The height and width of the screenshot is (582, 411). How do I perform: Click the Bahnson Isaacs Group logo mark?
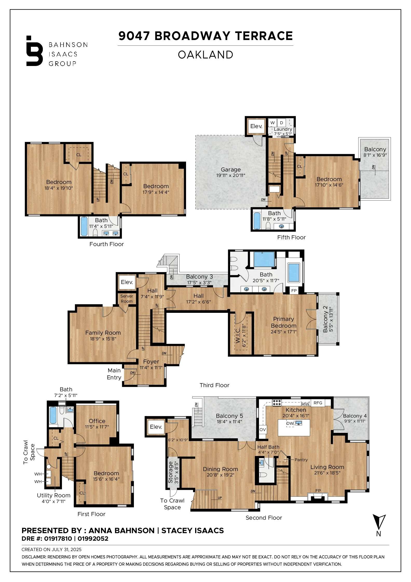pyautogui.click(x=34, y=51)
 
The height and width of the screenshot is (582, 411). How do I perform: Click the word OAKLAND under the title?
pyautogui.click(x=205, y=55)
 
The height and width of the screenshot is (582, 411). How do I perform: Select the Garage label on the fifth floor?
pyautogui.click(x=231, y=170)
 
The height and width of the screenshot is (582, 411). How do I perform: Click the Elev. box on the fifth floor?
pyautogui.click(x=256, y=126)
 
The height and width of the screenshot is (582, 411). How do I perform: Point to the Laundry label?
pyautogui.click(x=283, y=129)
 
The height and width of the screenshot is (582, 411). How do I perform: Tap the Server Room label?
pyautogui.click(x=127, y=299)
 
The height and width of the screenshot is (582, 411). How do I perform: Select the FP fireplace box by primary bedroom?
pyautogui.click(x=294, y=291)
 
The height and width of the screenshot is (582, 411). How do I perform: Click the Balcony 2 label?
pyautogui.click(x=325, y=320)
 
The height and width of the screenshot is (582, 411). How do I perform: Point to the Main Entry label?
pyautogui.click(x=114, y=374)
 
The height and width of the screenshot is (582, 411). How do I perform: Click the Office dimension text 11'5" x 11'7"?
pyautogui.click(x=97, y=427)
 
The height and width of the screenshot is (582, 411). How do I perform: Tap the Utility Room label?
pyautogui.click(x=53, y=495)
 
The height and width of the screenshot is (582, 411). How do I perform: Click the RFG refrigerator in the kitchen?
pyautogui.click(x=318, y=403)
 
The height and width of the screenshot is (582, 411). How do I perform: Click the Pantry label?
pyautogui.click(x=301, y=460)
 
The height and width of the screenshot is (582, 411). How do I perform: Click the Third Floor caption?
pyautogui.click(x=214, y=385)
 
